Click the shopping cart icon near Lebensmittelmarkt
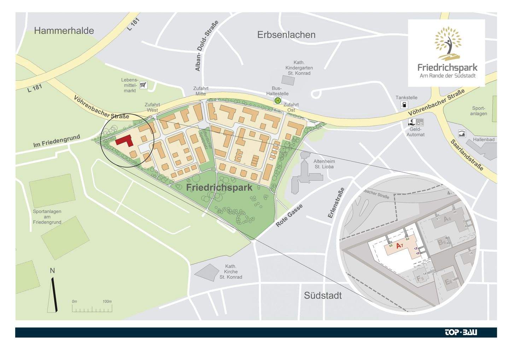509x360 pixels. tap(143, 85)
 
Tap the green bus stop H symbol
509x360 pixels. tap(278, 101)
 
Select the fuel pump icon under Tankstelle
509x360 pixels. tap(404, 105)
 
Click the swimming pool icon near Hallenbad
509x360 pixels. tap(462, 134)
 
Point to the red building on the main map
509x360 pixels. tap(124, 141)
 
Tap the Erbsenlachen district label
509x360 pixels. tap(286, 35)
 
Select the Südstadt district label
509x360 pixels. tap(323, 295)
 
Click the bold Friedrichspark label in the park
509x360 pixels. tap(219, 187)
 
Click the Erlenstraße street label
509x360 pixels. tap(336, 203)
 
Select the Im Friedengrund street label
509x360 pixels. tap(57, 141)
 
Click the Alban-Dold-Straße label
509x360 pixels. tap(207, 46)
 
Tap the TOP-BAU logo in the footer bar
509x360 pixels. tap(461, 332)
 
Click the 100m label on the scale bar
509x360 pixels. tap(107, 302)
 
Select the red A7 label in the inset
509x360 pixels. tap(399, 246)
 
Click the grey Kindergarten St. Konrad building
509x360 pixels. tap(288, 80)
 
